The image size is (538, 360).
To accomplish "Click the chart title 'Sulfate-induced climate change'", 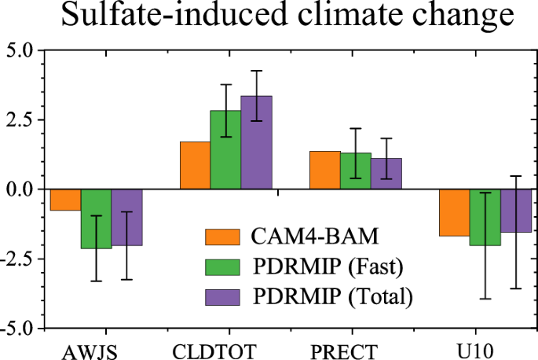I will [x=269, y=17].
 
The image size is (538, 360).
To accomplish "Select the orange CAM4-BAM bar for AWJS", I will [x=65, y=200].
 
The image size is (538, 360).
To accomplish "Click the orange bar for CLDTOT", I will [x=195, y=166].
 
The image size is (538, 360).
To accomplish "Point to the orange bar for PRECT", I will [x=324, y=171].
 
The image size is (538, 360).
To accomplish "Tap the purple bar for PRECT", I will [x=386, y=174].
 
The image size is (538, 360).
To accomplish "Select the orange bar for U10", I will [x=454, y=212].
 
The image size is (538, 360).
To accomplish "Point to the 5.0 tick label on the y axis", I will [x=19, y=50].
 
